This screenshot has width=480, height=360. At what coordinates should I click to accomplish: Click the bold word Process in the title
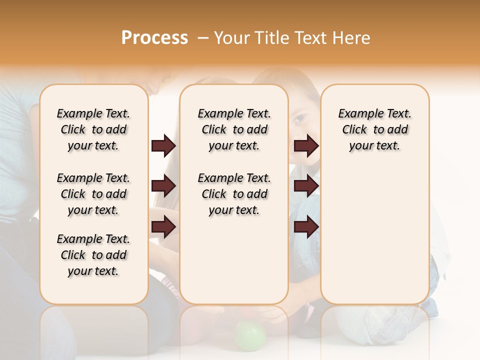point(154,38)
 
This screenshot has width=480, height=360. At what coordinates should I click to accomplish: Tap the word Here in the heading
point(351,38)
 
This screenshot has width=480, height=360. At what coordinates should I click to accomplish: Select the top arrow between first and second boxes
point(163,146)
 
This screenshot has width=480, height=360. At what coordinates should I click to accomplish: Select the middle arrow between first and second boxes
point(163,186)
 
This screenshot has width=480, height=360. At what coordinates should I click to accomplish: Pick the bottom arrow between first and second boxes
point(163,227)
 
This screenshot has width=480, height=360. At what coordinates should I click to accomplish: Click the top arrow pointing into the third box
point(306,146)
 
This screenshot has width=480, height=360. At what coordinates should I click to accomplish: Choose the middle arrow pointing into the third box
point(306,186)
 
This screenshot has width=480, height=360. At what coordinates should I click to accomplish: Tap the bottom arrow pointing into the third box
point(306,227)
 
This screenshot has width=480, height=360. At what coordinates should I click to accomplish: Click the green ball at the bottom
point(250,335)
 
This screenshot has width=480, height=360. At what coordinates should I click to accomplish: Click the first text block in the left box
point(93,129)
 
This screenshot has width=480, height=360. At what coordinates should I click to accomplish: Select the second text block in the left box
point(93,194)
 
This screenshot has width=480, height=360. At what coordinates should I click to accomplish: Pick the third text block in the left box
point(93,255)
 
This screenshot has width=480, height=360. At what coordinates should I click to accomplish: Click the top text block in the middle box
point(234,129)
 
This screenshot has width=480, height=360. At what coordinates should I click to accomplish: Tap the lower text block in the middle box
point(234,194)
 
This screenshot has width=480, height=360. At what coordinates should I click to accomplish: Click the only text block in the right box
point(374,129)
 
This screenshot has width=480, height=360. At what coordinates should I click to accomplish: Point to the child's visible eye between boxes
point(299,119)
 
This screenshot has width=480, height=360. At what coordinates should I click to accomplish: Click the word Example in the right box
point(357,114)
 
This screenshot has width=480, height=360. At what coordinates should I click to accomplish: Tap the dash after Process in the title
point(203,38)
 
